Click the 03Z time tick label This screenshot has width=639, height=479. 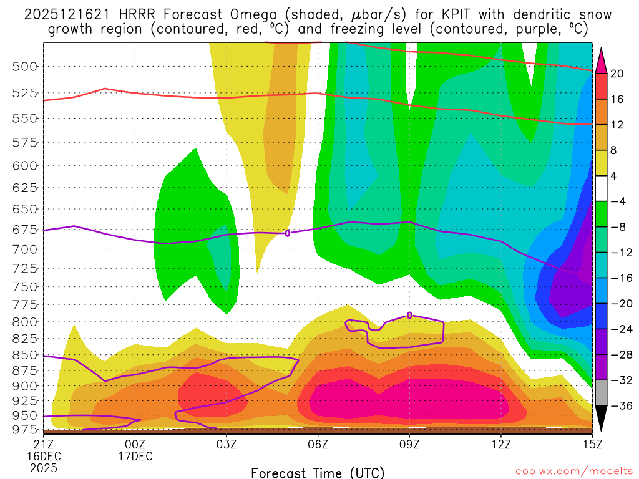[226, 443]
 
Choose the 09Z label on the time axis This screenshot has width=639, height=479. [409, 443]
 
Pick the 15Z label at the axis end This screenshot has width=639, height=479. [592, 443]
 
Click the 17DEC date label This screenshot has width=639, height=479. [135, 455]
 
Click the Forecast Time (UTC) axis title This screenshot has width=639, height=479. [318, 472]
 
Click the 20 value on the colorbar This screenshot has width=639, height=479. [617, 74]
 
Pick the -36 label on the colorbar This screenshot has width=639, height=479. [617, 405]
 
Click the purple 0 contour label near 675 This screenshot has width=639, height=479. [287, 233]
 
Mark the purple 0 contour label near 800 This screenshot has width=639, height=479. [409, 315]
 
